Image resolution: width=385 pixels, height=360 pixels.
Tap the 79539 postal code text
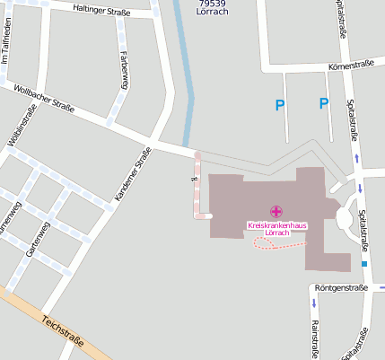tap(211, 4)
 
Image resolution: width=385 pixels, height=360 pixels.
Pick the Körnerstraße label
tap(351, 65)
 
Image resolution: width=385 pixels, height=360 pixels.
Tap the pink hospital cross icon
tap(275, 211)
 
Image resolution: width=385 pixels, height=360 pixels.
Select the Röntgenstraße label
tap(342, 288)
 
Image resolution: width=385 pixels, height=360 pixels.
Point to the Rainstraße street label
tap(314, 338)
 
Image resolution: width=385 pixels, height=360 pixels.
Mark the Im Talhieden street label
tap(7, 48)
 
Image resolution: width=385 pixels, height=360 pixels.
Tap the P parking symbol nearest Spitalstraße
tap(323, 104)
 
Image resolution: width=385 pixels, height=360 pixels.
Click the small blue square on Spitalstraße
tap(364, 265)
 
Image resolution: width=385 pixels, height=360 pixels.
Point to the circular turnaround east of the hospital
tap(345, 218)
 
